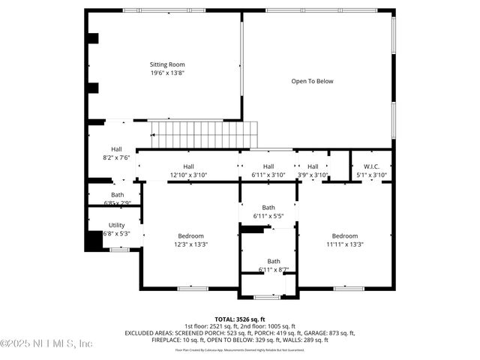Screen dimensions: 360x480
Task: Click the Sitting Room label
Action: point(167,64)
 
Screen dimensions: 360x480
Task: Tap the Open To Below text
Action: point(312,81)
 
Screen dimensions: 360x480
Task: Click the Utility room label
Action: point(116,225)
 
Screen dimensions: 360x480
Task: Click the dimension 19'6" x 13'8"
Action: point(167,73)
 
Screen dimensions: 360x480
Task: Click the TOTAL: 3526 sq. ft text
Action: point(240,319)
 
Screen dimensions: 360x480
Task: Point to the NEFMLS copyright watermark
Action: point(46,343)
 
